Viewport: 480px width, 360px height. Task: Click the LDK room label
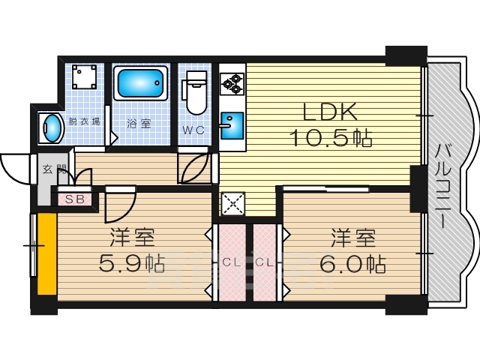tap(329, 113)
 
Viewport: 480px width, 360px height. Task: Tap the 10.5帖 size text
tap(331, 139)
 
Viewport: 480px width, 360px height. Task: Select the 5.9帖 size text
tap(131, 264)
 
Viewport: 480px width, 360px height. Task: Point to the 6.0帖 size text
tap(353, 264)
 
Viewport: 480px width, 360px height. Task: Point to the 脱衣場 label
tap(83, 121)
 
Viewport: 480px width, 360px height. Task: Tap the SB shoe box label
tap(74, 199)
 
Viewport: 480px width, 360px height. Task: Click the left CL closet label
tap(231, 262)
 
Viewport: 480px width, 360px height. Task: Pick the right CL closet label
tap(265, 262)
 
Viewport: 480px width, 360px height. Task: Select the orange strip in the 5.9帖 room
tap(47, 255)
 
